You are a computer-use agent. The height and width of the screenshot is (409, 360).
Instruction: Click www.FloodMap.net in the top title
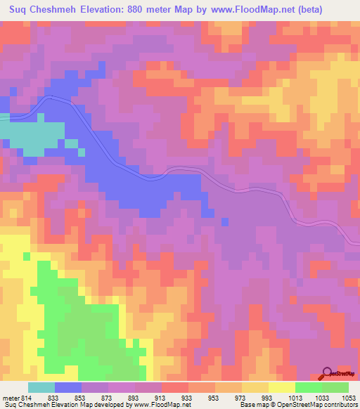coord(255,11)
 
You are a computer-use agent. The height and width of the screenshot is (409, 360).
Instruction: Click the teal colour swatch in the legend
coord(41,387)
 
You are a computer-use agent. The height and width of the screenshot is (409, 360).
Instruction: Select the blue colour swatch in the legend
coord(68,387)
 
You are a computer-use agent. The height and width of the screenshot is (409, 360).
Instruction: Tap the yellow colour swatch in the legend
coord(281,387)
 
